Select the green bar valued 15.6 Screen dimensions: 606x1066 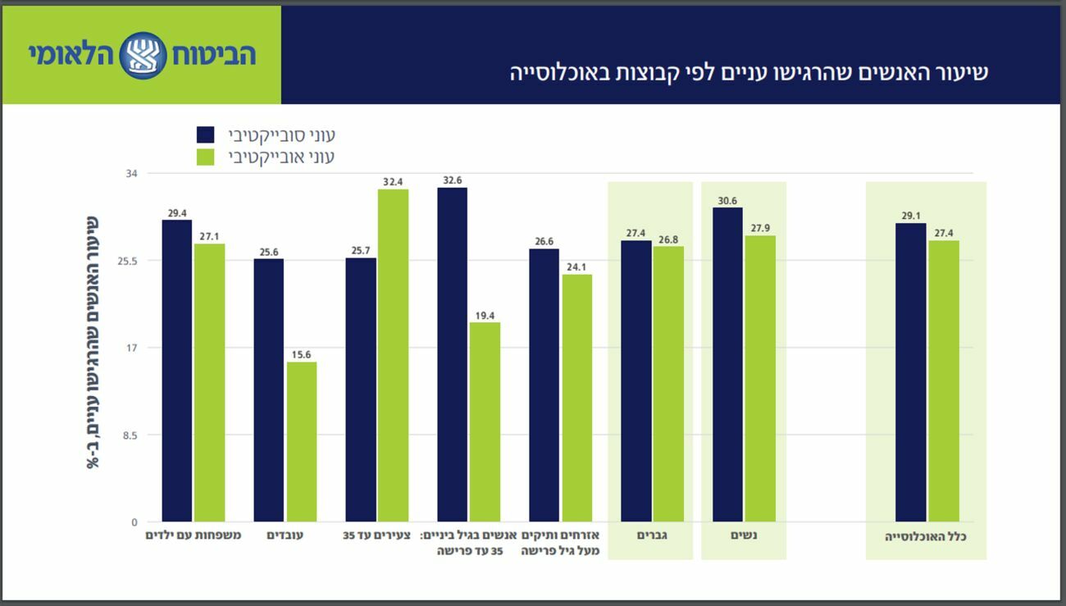pos(301,442)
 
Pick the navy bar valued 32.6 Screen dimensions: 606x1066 pos(452,354)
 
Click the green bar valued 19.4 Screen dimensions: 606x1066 pos(485,422)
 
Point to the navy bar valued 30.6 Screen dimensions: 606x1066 pos(727,365)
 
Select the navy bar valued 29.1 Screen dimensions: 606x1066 pos(910,372)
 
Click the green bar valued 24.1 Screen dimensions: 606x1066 pos(576,398)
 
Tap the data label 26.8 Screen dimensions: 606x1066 pos(668,240)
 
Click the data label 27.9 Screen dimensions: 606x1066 pos(760,229)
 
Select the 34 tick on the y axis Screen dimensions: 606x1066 pos(130,174)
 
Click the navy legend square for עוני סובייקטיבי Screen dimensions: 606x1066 pos(206,134)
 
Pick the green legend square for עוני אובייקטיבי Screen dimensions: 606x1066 pos(206,156)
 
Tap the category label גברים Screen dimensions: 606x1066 pos(651,535)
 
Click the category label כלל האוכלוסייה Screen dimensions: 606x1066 pos(926,536)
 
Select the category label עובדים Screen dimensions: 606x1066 pos(285,535)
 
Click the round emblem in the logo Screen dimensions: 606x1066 pos(143,56)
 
